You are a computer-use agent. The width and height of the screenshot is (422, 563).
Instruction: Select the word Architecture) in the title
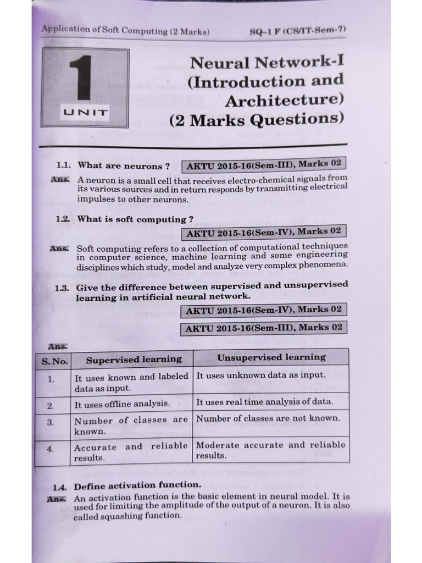click(284, 101)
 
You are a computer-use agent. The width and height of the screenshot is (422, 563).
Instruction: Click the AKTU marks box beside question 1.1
click(264, 164)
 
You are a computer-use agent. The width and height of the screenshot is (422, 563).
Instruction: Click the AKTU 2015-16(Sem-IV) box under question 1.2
click(264, 232)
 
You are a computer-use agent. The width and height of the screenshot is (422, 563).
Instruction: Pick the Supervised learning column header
click(134, 359)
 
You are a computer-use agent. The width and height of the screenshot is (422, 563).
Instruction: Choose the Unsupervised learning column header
click(271, 357)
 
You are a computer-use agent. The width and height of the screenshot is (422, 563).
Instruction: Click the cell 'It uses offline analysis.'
click(122, 404)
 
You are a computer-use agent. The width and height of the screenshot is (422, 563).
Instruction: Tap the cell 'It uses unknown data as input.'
click(261, 375)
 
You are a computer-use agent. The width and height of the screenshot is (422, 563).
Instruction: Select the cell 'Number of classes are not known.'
click(268, 418)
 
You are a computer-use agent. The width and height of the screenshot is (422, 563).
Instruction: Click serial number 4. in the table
click(51, 449)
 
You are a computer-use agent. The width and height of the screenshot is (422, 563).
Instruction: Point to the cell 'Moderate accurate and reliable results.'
click(271, 450)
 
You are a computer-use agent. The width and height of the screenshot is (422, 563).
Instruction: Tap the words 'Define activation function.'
click(137, 485)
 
